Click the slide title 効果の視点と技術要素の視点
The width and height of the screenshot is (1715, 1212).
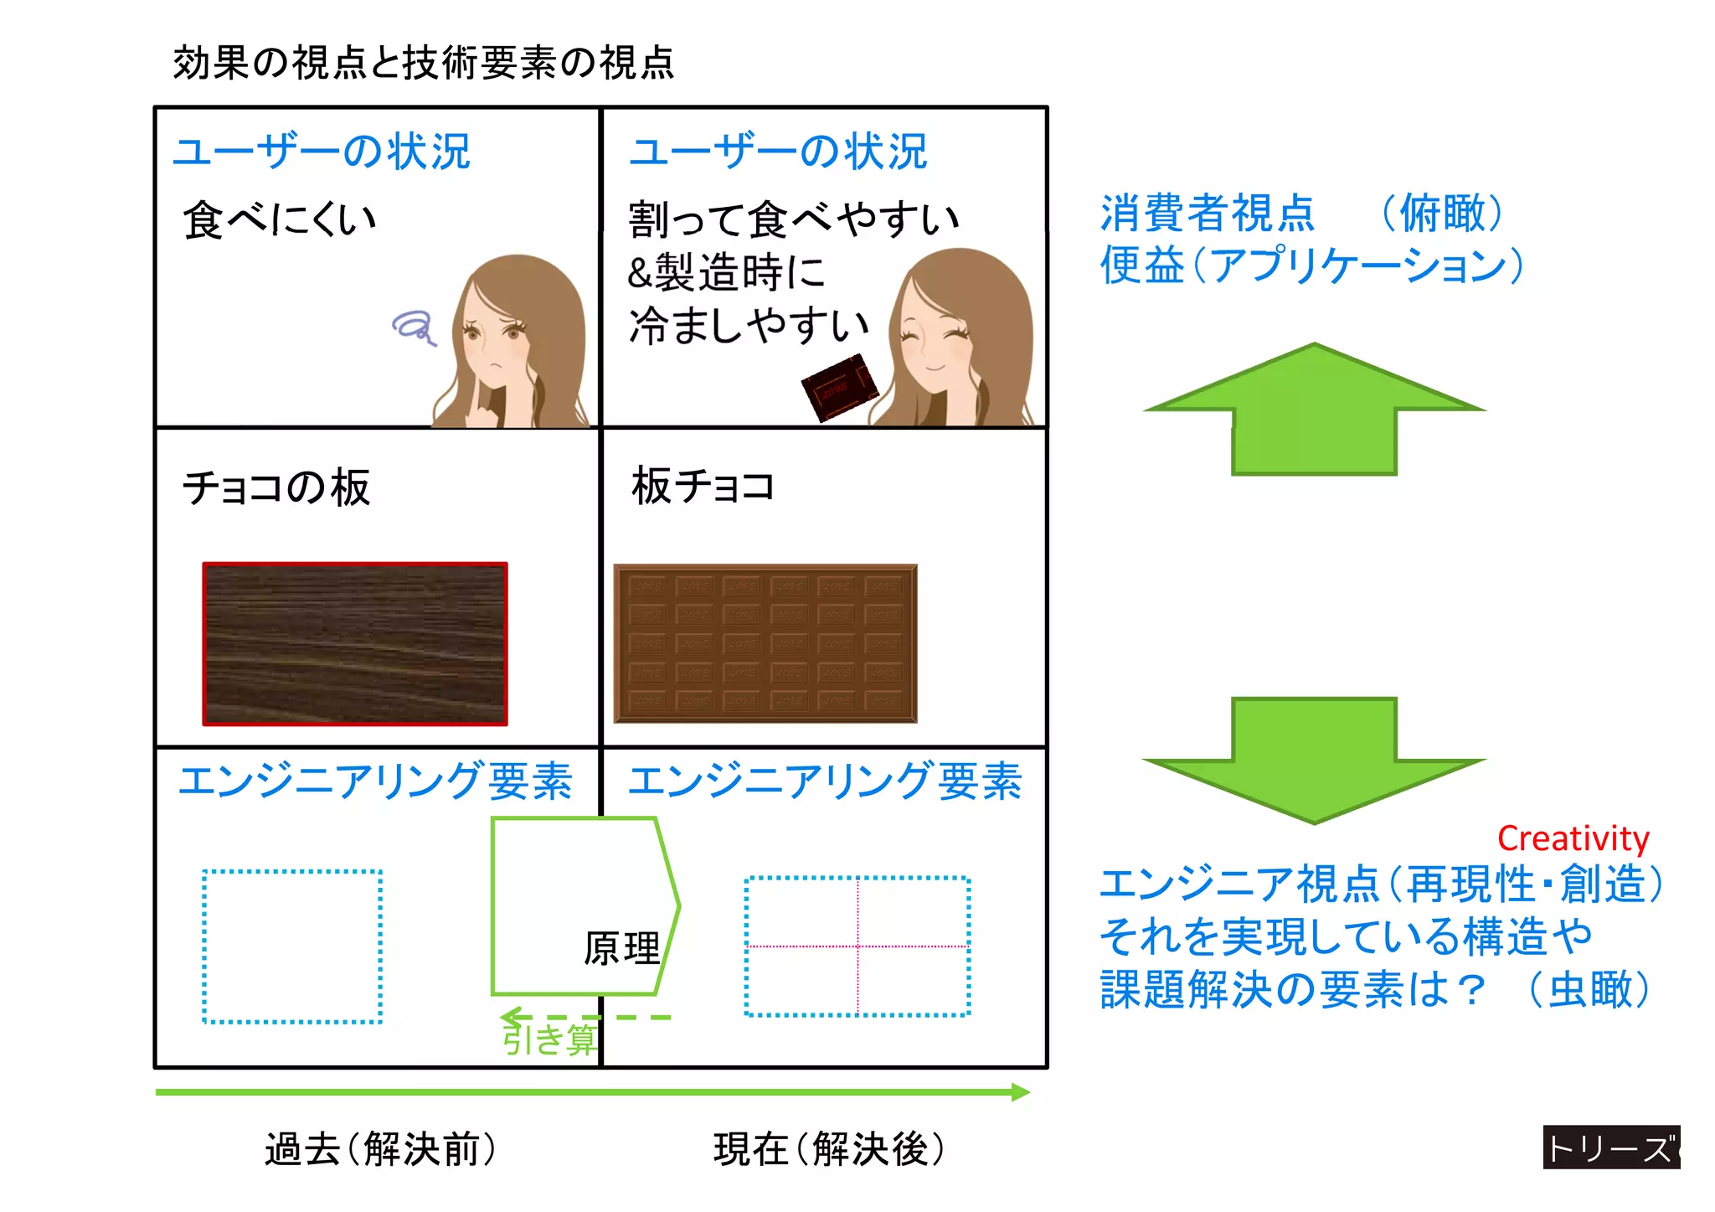[423, 63]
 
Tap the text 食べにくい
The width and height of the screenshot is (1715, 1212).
[280, 219]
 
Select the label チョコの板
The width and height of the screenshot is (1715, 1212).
[276, 487]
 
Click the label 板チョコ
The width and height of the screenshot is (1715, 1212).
[703, 486]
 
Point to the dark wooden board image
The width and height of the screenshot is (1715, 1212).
[355, 643]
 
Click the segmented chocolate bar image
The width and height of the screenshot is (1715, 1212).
[765, 643]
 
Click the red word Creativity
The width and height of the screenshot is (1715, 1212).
[1573, 838]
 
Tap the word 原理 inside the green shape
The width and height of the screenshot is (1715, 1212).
[621, 949]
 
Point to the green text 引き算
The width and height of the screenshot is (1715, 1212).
[548, 1039]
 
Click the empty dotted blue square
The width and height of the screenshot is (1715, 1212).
[292, 946]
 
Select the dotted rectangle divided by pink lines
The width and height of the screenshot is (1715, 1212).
[857, 946]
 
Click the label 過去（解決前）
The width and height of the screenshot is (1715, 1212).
[381, 1148]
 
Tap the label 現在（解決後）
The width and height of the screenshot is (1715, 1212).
[829, 1148]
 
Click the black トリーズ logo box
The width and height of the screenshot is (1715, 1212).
[1611, 1148]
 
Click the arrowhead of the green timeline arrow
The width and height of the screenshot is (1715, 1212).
[1021, 1091]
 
